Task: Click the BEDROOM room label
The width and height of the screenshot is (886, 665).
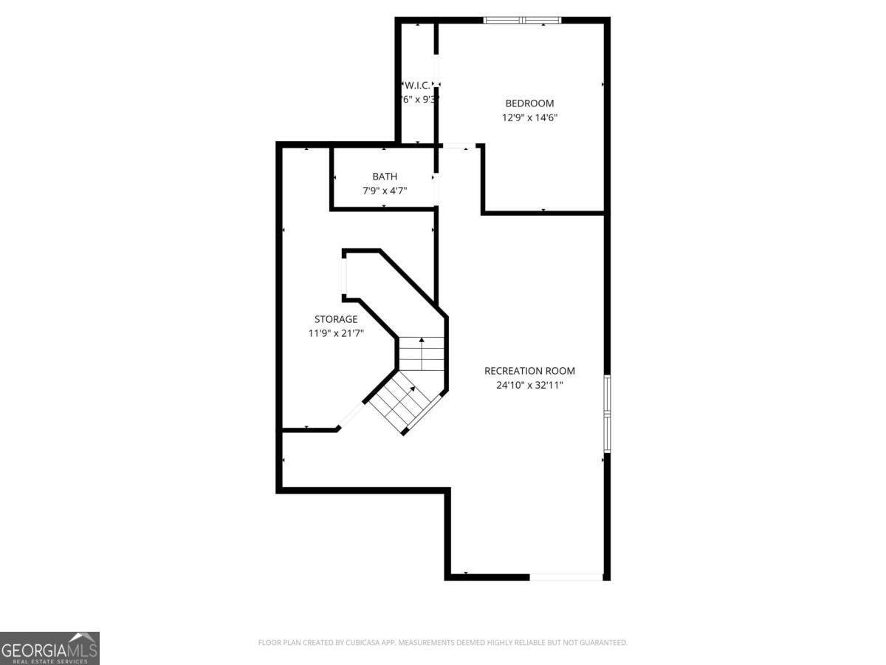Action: click(x=529, y=103)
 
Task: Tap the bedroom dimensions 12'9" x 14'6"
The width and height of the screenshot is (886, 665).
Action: click(x=529, y=117)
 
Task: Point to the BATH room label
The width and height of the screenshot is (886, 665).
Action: click(x=384, y=177)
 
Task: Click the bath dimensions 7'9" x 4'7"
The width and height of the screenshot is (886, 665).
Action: click(x=384, y=191)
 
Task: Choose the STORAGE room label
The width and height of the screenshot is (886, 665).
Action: click(x=336, y=319)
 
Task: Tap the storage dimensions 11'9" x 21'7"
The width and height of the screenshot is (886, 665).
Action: click(x=336, y=333)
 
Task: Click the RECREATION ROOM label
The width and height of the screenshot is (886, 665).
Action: click(x=529, y=371)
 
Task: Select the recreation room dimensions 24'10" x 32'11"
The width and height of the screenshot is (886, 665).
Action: click(x=529, y=385)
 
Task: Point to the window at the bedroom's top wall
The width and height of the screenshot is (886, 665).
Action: click(x=522, y=20)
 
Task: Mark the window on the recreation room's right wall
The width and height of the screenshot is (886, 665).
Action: click(x=607, y=414)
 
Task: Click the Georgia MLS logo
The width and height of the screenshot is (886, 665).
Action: click(x=49, y=648)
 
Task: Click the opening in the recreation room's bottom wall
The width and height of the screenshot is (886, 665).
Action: click(x=566, y=576)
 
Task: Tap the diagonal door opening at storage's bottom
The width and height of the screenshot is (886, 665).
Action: click(x=351, y=415)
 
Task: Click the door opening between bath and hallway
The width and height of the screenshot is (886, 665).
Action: click(x=436, y=188)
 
